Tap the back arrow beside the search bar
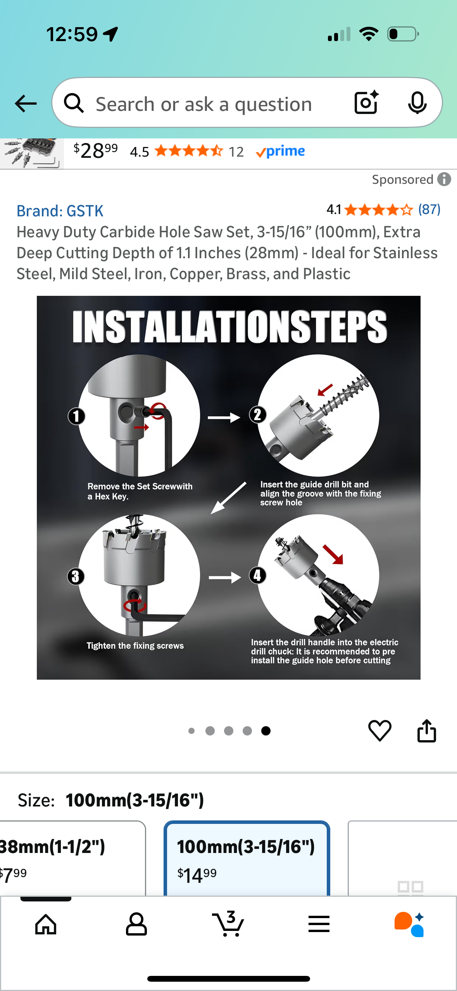[x=26, y=104]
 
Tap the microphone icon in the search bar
[x=417, y=103]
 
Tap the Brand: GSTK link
[x=60, y=211]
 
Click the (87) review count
[x=429, y=209]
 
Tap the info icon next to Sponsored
[x=444, y=179]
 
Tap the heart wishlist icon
[x=379, y=730]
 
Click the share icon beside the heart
[x=426, y=730]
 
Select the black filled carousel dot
[x=266, y=731]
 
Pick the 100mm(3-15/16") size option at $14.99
[x=247, y=859]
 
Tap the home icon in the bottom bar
[x=46, y=924]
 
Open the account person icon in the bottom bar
[x=136, y=924]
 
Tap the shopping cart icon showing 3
[x=228, y=924]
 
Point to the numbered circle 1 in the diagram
[x=76, y=416]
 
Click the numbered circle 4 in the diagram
[x=258, y=575]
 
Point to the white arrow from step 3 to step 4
[x=225, y=578]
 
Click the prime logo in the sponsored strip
[x=280, y=151]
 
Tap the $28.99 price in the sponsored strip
[x=96, y=150]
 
